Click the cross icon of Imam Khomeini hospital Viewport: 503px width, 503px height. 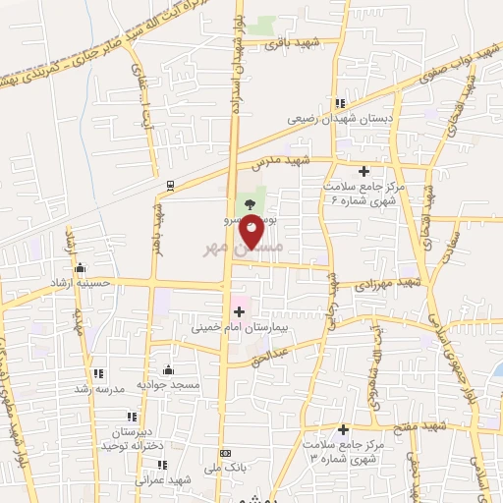tap(239, 311)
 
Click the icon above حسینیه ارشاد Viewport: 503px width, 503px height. tap(80, 268)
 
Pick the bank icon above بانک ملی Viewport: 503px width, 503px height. tap(226, 453)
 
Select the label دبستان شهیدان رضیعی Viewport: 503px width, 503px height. tap(334, 118)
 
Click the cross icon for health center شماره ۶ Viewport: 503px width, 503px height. tap(364, 170)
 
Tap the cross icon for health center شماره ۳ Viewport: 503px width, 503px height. tap(344, 429)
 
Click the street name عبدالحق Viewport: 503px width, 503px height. tap(299, 345)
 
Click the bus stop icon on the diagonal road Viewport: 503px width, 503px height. tap(170, 184)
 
